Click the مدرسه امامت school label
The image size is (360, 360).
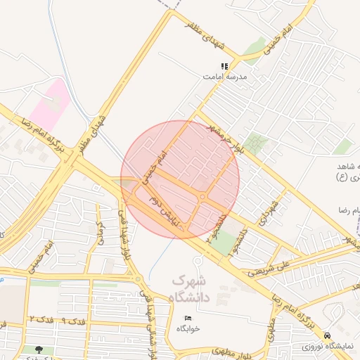(x=224, y=75)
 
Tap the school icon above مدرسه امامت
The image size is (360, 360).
(x=224, y=66)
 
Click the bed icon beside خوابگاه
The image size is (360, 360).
(x=187, y=319)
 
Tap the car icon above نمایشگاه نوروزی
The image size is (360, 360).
(x=328, y=336)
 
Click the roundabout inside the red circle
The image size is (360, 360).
(x=202, y=198)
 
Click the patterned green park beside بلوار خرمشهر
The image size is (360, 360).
(x=256, y=144)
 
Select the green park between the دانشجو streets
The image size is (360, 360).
(x=225, y=243)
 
